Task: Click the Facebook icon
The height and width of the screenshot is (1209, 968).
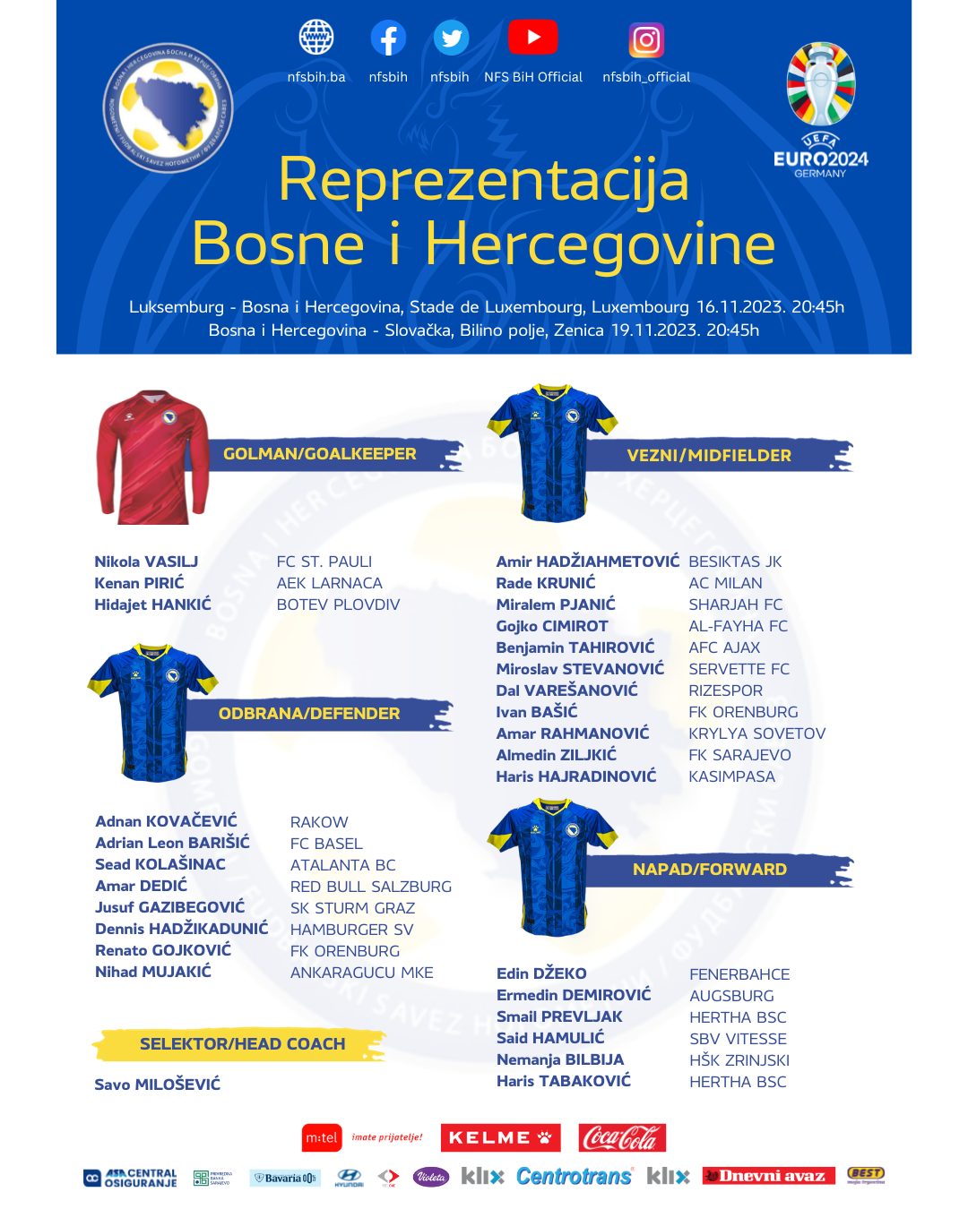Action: click(x=388, y=39)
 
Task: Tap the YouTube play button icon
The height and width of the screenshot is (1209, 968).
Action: click(x=532, y=38)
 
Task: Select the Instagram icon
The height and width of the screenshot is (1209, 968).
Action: click(x=646, y=40)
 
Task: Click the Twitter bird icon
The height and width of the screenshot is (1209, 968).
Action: click(x=451, y=39)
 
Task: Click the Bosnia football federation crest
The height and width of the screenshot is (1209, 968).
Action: click(x=168, y=107)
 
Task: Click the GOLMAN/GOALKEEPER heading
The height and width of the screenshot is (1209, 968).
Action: click(x=320, y=454)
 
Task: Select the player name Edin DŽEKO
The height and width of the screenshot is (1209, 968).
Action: click(x=541, y=973)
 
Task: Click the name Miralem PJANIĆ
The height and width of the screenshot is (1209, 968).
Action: click(x=556, y=604)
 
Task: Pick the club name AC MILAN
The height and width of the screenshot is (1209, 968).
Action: click(x=725, y=583)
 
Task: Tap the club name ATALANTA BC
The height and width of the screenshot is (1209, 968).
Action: click(x=342, y=865)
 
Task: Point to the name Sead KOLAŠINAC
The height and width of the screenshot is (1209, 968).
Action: click(x=160, y=864)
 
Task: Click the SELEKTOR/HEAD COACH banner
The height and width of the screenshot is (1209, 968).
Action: click(x=242, y=1044)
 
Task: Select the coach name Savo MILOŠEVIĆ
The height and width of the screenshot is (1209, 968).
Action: click(x=158, y=1085)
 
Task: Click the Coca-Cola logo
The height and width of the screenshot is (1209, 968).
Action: click(x=622, y=1138)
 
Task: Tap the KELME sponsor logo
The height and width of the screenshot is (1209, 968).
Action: click(x=500, y=1138)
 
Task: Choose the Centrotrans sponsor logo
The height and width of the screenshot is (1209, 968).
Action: click(x=574, y=1177)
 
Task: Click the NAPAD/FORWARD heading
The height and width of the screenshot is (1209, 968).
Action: click(x=709, y=870)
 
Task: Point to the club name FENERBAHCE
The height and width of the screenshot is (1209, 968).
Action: click(x=739, y=974)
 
